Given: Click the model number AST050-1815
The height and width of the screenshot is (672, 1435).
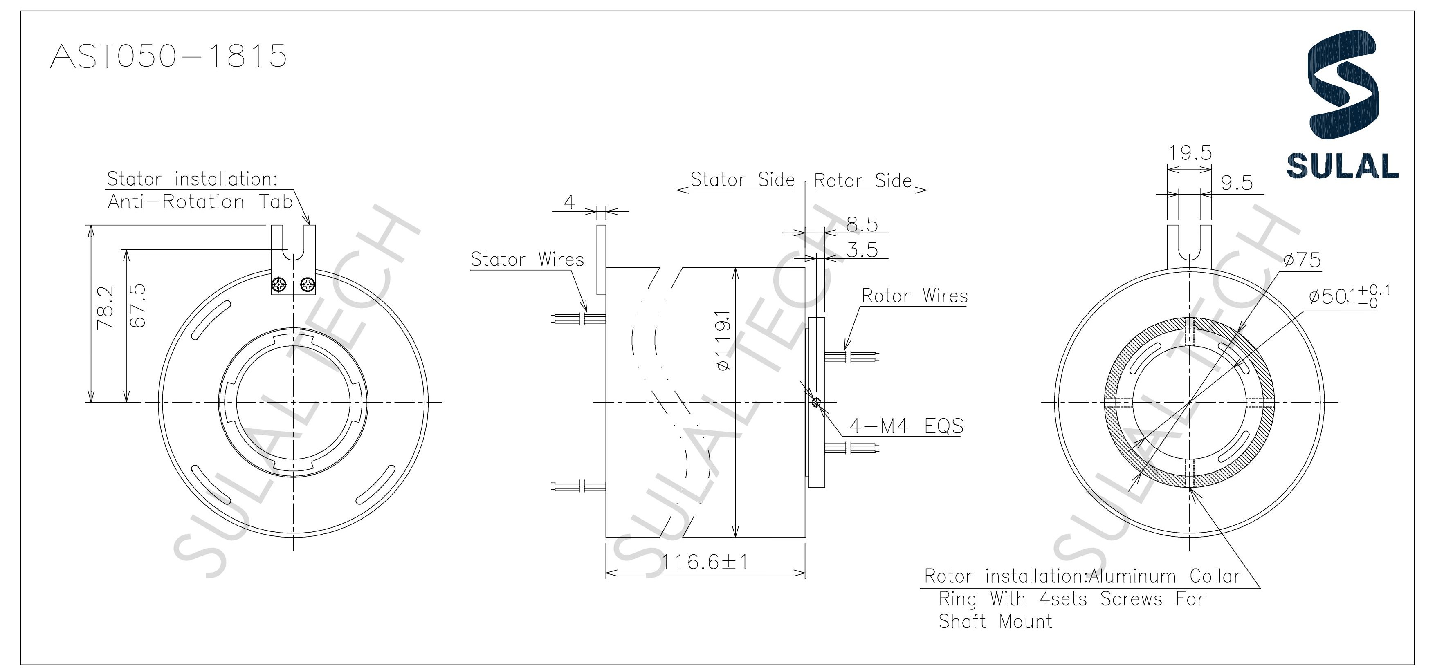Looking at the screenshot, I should [x=168, y=56].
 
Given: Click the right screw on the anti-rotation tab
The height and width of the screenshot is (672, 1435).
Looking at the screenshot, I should [x=307, y=286].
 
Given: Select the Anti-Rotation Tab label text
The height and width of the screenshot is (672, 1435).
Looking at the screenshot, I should [x=200, y=202].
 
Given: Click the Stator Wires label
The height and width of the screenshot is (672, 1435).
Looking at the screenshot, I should [x=527, y=260].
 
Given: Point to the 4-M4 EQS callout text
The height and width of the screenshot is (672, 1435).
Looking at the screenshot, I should [x=906, y=426].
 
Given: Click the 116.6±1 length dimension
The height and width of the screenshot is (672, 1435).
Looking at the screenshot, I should [x=705, y=562].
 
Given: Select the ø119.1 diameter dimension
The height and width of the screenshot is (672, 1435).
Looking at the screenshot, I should [x=723, y=340].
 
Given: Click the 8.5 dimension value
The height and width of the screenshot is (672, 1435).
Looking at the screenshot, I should [x=862, y=224].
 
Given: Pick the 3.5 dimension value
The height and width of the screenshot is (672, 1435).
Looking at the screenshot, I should [x=862, y=250].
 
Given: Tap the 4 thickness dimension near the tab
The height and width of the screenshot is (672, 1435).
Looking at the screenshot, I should [x=569, y=202].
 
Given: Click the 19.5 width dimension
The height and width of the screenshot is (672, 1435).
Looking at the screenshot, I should [x=1190, y=152].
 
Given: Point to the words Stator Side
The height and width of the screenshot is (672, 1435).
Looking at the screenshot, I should [x=742, y=180].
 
